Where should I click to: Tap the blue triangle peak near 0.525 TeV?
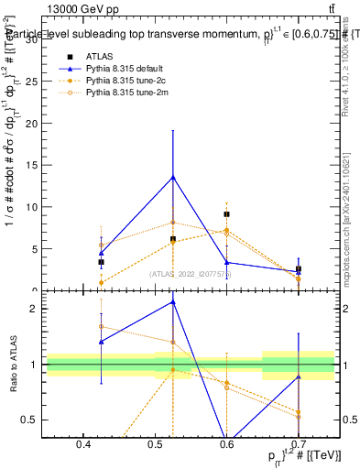click(x=173, y=177)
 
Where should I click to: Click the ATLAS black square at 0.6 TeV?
click(x=226, y=214)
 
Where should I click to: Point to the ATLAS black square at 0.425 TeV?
click(x=101, y=262)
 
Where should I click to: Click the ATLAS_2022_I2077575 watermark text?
click(x=191, y=273)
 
